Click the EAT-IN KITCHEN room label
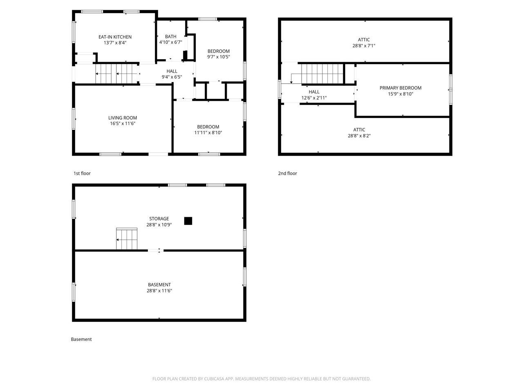point(115,37)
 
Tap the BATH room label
point(170,37)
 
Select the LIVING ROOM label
point(123,118)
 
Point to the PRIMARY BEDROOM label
point(400,88)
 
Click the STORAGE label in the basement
point(159,219)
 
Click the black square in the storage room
point(188,221)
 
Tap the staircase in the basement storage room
point(127,239)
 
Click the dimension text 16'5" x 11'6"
point(123,123)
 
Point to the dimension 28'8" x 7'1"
point(364,46)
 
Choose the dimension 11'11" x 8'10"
point(208,132)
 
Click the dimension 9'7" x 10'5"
point(219,57)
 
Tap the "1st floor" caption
point(82,174)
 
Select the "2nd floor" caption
point(288,174)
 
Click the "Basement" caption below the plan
point(81,339)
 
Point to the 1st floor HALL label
point(172,71)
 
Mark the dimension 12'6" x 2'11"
point(314,98)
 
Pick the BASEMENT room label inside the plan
point(159,285)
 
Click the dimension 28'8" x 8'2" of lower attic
point(359,136)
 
